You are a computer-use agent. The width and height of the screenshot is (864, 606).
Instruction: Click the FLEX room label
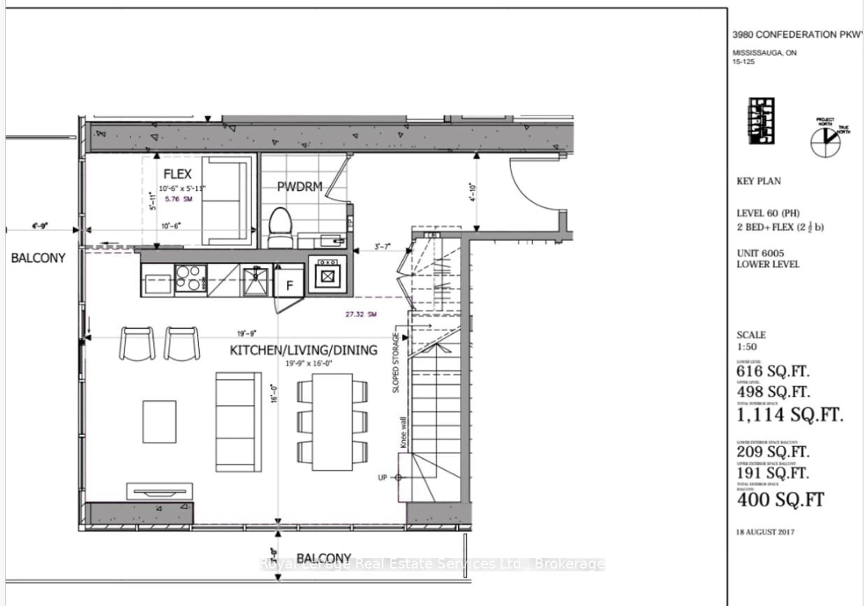click(177, 174)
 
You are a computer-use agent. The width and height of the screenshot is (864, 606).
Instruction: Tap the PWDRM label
click(299, 186)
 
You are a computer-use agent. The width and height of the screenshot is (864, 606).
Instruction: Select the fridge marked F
click(289, 285)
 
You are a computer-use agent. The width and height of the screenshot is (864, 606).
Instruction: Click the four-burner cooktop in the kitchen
click(190, 278)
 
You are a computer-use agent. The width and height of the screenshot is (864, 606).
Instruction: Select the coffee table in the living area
click(159, 422)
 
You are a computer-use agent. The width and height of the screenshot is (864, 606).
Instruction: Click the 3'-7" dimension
click(382, 246)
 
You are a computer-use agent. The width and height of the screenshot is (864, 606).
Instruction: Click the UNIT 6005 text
click(760, 253)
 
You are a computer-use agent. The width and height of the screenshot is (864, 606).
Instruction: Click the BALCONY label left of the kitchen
click(38, 258)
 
